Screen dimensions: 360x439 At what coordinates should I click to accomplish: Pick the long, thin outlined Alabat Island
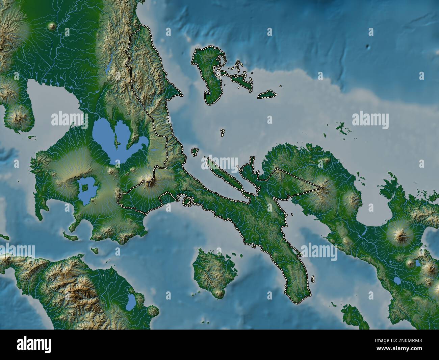[x=224, y=176]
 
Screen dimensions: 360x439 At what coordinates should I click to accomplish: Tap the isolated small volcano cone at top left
[x=52, y=26]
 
